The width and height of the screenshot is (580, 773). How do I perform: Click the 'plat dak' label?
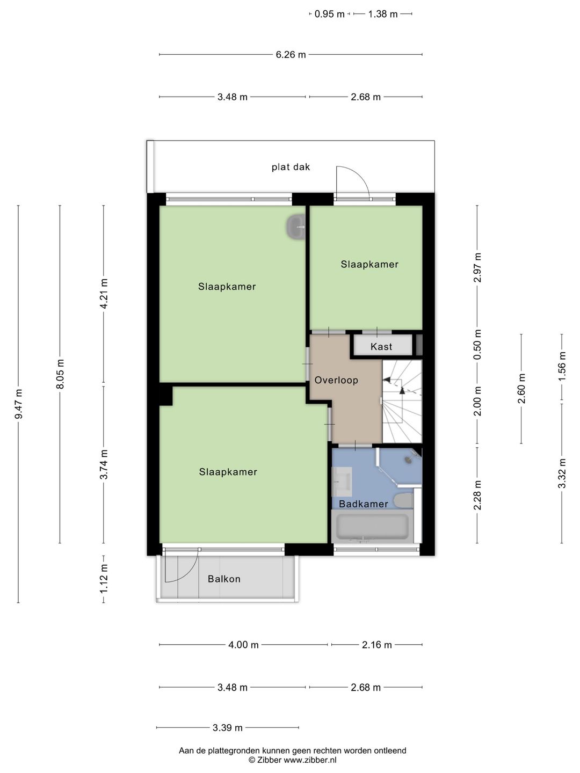click(291, 166)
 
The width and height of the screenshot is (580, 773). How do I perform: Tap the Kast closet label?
click(381, 347)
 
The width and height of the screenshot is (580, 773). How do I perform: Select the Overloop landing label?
click(336, 380)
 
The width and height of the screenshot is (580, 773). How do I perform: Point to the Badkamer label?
click(364, 504)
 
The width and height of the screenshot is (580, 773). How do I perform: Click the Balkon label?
click(224, 579)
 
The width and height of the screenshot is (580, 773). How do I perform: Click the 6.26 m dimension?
click(291, 55)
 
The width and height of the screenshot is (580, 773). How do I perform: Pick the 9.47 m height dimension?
click(19, 404)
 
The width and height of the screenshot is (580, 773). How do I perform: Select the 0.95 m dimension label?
click(329, 14)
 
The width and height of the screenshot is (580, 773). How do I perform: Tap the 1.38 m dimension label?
click(383, 14)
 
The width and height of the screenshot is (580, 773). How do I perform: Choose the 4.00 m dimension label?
click(243, 645)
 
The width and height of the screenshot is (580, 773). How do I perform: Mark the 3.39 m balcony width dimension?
click(228, 727)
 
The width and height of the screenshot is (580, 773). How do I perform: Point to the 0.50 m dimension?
click(477, 345)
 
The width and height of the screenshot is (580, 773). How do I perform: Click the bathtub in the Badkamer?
click(372, 527)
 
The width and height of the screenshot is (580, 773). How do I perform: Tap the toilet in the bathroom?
click(403, 500)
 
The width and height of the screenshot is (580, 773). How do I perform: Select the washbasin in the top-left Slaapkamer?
click(296, 227)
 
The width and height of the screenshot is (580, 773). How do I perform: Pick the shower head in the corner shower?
click(409, 459)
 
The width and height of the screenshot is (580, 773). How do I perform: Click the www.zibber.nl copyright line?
click(292, 760)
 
